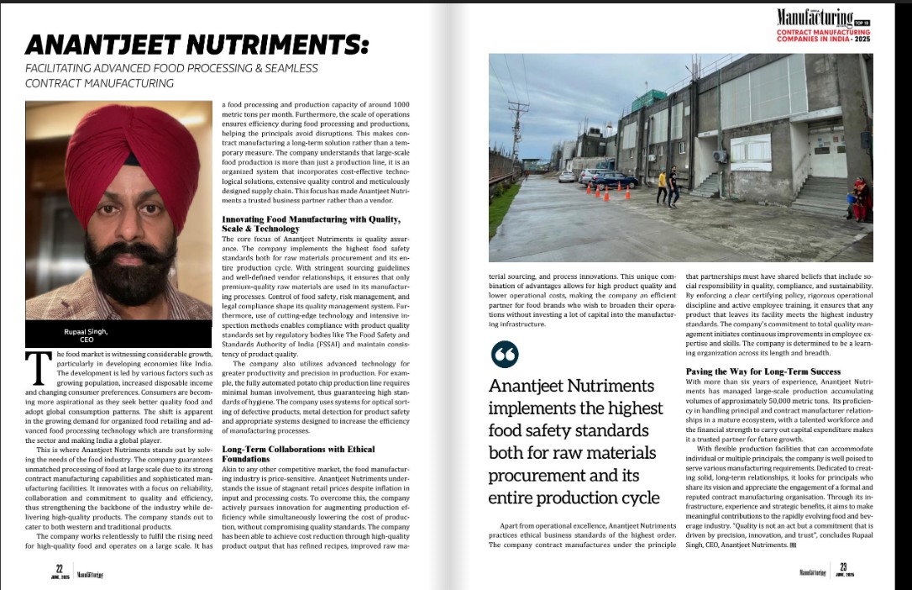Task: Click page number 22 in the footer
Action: point(60,567)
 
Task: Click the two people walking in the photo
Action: point(668,187)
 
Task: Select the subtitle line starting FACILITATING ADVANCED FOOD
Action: point(171,68)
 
